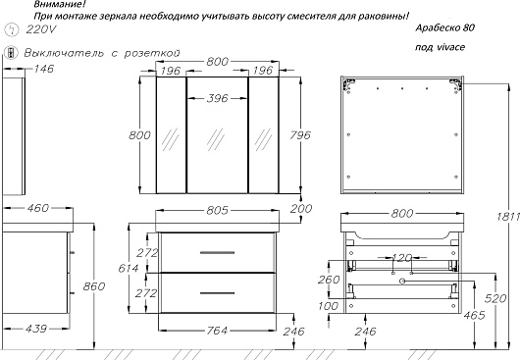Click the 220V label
point(41,29)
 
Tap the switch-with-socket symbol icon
point(11,53)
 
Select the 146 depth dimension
point(44,69)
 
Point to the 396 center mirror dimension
point(218,98)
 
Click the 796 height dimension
point(300,135)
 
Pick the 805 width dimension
point(218,211)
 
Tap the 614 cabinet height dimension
point(128,268)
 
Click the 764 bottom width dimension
point(217,331)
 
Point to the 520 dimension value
point(495,298)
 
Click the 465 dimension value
point(475,315)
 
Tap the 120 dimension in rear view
point(402,258)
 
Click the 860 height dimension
point(94,286)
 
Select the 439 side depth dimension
point(36,329)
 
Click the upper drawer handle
point(217,253)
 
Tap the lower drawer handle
point(217,293)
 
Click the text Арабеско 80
point(445,28)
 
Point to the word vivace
point(450,47)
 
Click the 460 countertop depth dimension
point(38,208)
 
